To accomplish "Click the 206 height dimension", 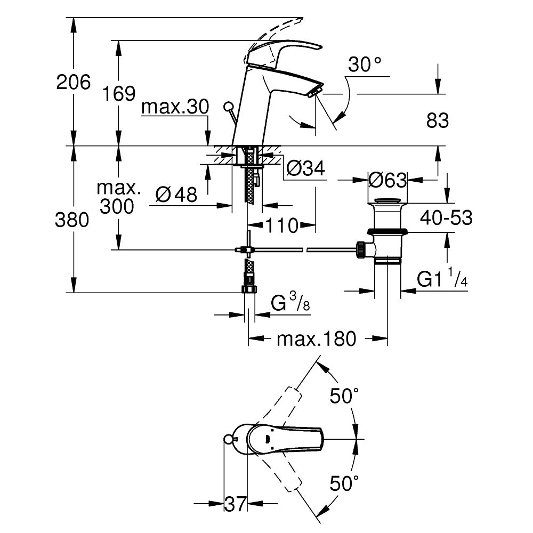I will point(74,82).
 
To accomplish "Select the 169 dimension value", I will point(118,94).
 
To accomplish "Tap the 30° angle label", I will point(365,65).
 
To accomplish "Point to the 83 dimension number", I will point(438,121).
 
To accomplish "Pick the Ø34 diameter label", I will point(305,169).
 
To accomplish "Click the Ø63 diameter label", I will point(387,180).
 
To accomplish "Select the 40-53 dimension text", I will point(446,217).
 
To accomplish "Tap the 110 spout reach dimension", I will point(282,226).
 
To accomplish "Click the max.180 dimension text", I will point(316,338).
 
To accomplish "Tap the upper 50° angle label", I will point(344,396).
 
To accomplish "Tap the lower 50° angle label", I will point(344,484).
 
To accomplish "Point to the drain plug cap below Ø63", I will point(387,202).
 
